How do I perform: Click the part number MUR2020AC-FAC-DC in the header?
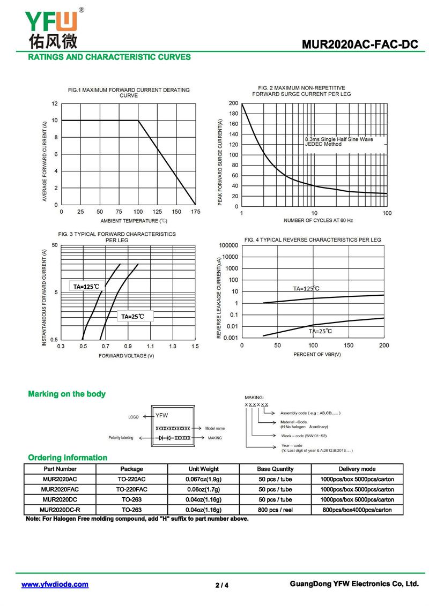359,45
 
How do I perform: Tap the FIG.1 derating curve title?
129,93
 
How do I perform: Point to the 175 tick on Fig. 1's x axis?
196,212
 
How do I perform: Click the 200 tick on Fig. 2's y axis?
233,103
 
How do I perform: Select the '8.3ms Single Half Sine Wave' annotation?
338,139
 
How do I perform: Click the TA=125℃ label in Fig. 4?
306,288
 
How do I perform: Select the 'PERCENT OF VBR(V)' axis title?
317,355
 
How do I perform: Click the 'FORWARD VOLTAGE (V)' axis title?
127,356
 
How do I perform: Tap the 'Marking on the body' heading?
66,394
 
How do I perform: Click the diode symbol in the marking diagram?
164,438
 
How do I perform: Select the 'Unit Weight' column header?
203,469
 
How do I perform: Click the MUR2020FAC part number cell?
60,489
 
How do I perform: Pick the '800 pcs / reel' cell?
275,510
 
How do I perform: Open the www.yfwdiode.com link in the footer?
55,585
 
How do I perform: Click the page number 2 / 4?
222,585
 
